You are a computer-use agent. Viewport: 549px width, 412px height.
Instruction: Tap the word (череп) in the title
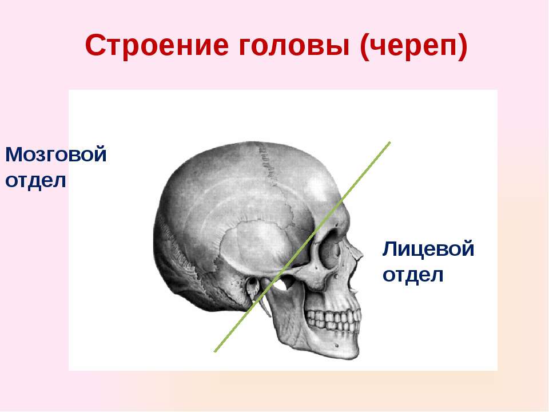(x=413, y=46)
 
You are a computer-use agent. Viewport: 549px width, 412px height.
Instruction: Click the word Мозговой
(x=56, y=154)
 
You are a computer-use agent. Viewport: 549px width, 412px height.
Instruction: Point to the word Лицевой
(x=428, y=249)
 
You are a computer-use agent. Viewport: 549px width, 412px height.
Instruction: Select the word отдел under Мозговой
(x=35, y=181)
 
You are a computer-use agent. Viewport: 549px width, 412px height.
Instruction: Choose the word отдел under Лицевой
(x=413, y=275)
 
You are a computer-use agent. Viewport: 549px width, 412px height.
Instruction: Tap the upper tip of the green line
(x=389, y=142)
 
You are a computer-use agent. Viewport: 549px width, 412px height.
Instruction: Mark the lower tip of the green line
(x=214, y=351)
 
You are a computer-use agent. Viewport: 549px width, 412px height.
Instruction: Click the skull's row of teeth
(x=333, y=320)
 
